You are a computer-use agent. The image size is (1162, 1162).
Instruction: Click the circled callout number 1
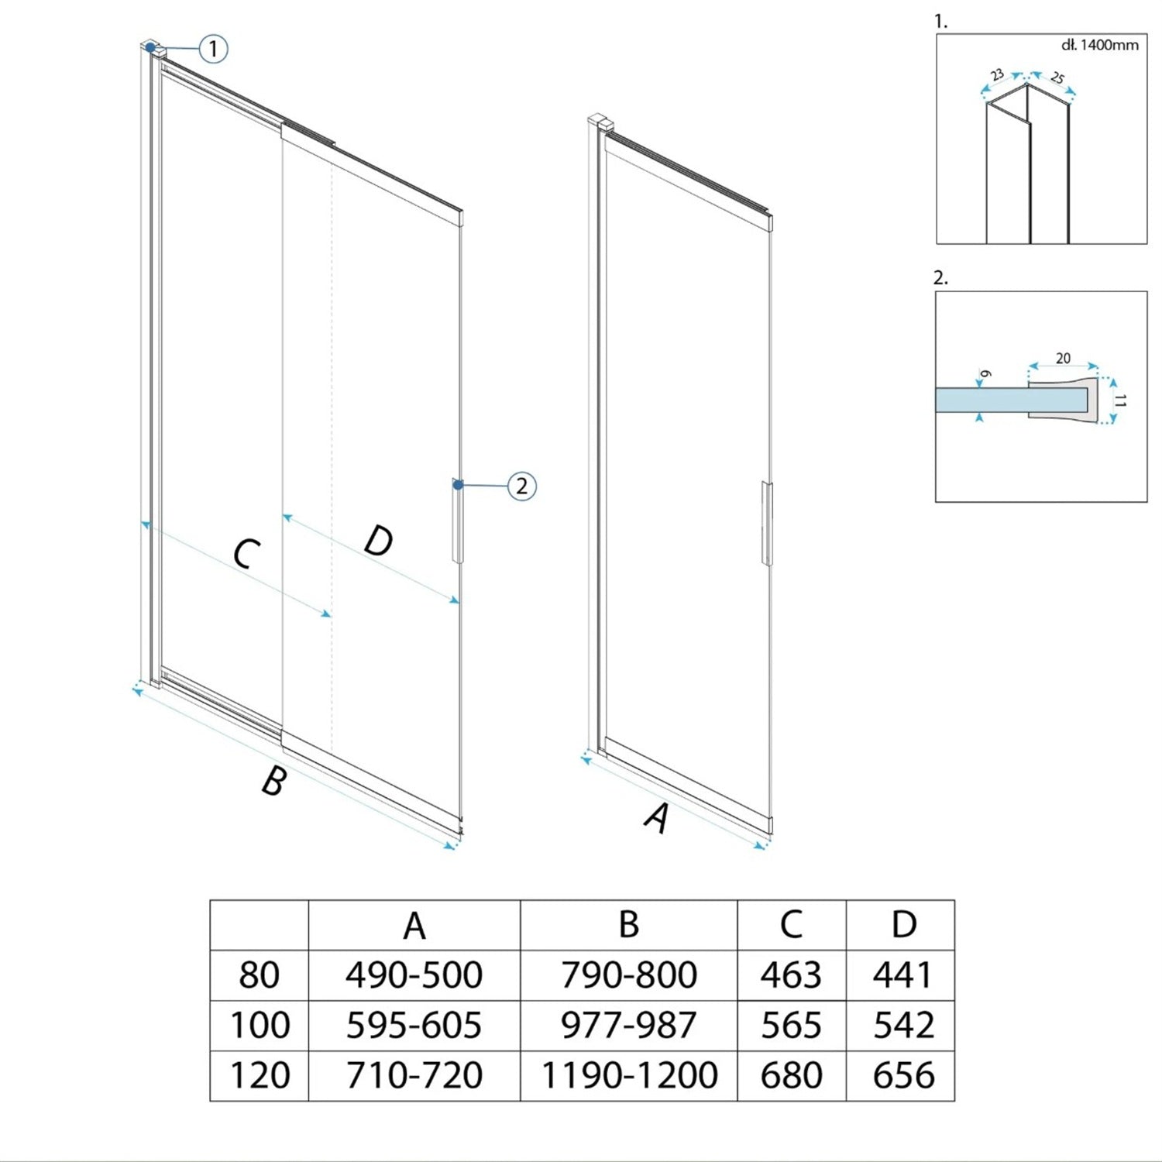tap(213, 49)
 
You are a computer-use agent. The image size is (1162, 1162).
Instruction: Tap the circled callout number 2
tap(521, 486)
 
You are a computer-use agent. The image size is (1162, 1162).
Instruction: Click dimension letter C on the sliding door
tap(246, 554)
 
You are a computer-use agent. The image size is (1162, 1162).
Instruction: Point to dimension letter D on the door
tap(379, 540)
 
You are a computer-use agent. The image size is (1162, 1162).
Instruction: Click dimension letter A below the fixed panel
tap(657, 818)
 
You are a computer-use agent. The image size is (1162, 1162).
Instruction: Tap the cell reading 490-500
tap(414, 975)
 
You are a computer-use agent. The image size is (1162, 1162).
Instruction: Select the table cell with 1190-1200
tap(629, 1075)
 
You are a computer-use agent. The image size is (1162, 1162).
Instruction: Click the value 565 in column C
tap(791, 1025)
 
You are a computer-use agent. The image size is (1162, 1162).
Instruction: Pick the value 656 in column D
tap(903, 1075)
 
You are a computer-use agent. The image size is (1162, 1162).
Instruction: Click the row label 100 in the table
tap(260, 1025)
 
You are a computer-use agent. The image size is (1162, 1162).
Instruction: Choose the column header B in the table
tap(629, 924)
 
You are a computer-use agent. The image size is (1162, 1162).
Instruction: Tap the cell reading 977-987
tap(629, 1025)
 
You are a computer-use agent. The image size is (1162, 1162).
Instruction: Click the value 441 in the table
tap(903, 975)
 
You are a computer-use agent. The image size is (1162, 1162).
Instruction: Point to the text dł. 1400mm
tap(1100, 45)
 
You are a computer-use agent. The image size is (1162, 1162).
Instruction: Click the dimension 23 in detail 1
tap(997, 75)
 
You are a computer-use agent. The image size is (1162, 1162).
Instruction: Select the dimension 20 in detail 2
tap(1063, 358)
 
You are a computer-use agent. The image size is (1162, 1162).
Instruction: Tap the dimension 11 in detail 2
tap(1120, 401)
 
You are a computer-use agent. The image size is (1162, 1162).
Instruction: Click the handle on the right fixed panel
tap(767, 524)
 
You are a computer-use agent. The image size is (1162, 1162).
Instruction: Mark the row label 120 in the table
tap(260, 1075)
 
